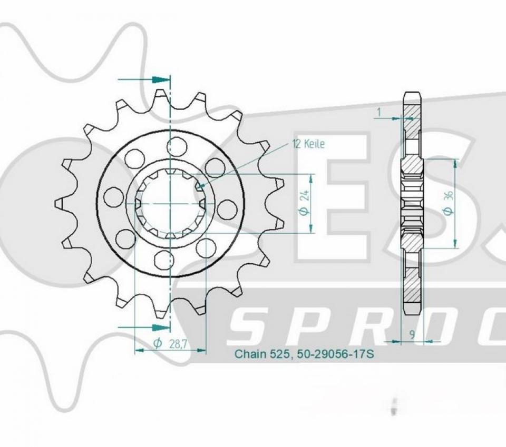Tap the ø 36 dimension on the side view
coord(448,203)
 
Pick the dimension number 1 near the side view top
coord(378,112)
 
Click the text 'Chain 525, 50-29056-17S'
coord(304,354)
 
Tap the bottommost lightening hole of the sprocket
coord(164,260)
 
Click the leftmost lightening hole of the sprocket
coord(113,196)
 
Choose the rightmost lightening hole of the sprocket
coord(227,209)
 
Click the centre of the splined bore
coord(170,203)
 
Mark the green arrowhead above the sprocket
coord(160,80)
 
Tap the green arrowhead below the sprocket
coord(161,327)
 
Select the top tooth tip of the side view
coord(412,95)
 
